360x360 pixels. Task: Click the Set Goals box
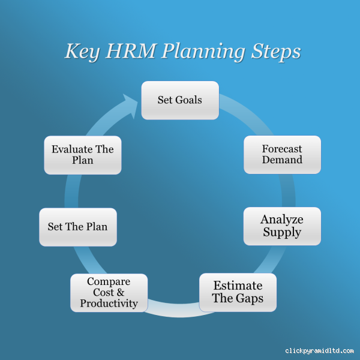(180, 100)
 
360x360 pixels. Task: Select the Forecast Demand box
(282, 155)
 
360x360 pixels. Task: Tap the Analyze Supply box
(282, 226)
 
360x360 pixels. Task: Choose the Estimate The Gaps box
(238, 292)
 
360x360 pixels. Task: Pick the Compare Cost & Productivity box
(109, 292)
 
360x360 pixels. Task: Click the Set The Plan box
(78, 227)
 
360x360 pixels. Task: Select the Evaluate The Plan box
(82, 155)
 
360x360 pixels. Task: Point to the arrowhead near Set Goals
(131, 104)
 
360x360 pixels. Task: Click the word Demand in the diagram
(282, 160)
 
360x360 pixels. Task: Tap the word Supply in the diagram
(282, 232)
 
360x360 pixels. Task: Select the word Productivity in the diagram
(109, 304)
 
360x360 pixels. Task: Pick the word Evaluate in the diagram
(70, 149)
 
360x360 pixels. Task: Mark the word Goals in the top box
(189, 100)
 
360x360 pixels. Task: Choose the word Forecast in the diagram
(282, 149)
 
